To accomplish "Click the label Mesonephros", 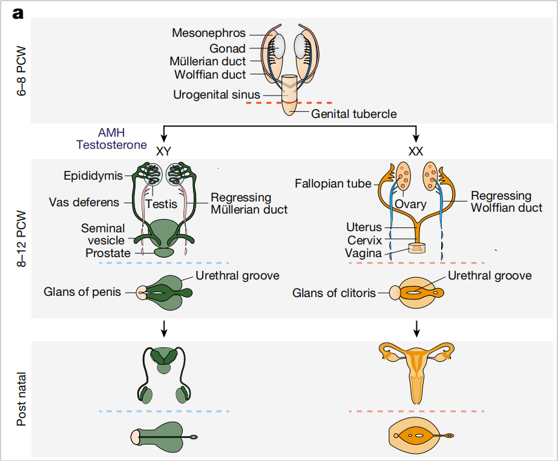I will tap(209, 33).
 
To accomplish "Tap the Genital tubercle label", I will tap(354, 113).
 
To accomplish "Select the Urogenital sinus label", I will tap(217, 94).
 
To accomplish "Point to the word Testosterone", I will tap(111, 145).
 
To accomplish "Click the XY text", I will tap(163, 151).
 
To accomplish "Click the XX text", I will tap(416, 151).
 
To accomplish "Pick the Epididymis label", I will tap(93, 176).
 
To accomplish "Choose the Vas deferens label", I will tap(84, 202).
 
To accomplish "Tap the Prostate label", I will tap(108, 253).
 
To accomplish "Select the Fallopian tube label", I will tap(333, 183).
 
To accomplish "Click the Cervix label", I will tap(364, 240).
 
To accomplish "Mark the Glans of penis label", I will tap(82, 293).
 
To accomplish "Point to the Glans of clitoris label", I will tap(333, 293).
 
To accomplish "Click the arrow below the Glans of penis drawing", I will tap(163, 328).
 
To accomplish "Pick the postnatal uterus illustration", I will tap(416, 369).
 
